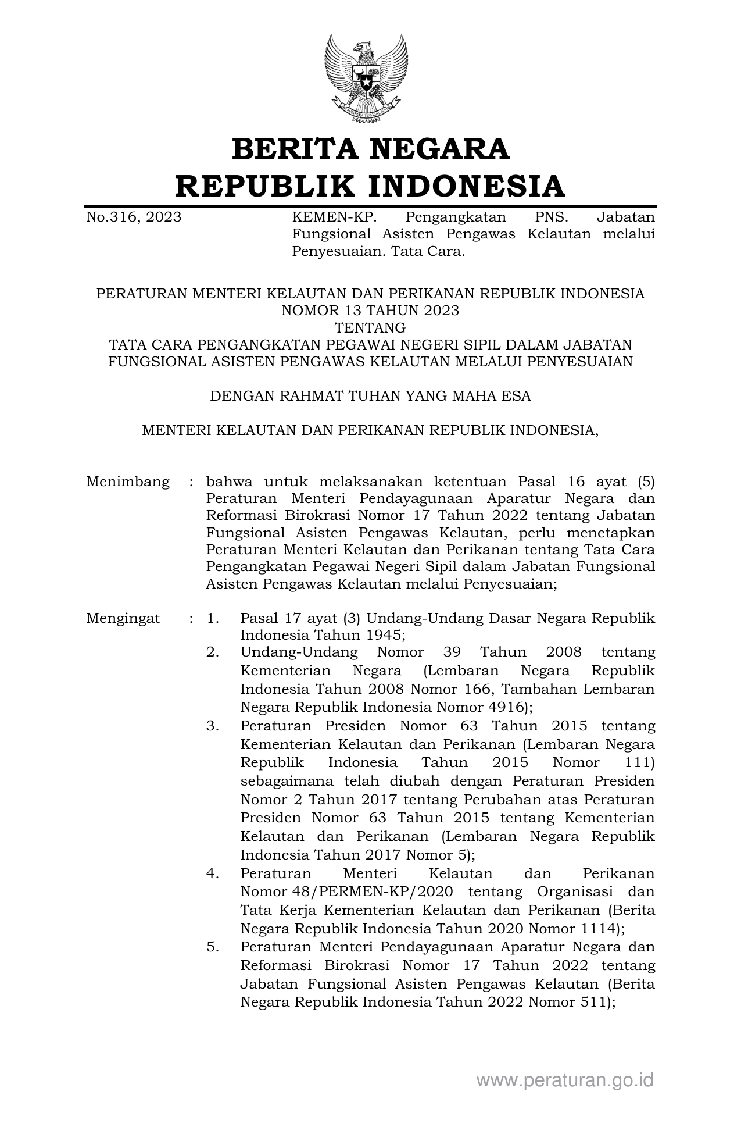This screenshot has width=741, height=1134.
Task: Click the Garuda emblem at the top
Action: point(366,79)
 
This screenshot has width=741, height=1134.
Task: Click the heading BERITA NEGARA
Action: point(370,149)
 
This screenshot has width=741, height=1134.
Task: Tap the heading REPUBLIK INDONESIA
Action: point(370,186)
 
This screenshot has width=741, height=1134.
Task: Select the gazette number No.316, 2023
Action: point(134,217)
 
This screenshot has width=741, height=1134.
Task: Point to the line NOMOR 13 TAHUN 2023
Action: point(370,311)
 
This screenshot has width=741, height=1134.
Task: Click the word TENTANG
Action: point(370,327)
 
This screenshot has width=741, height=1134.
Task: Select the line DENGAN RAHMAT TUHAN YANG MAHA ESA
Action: point(370,396)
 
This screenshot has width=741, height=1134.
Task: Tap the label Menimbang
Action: point(128,482)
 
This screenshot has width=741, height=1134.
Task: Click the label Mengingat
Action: point(123,618)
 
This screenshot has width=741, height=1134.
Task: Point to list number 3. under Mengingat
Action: point(213,726)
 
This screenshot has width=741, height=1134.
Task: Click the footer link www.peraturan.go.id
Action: point(565,1080)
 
